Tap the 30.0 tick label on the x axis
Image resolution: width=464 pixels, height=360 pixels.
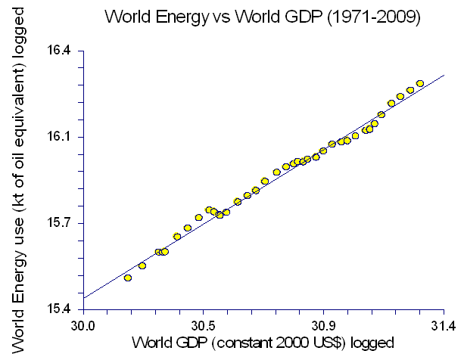83,326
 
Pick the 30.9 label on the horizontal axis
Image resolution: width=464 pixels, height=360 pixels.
323,326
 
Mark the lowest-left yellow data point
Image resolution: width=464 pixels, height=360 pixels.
128,278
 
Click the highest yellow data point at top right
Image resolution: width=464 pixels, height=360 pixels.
420,83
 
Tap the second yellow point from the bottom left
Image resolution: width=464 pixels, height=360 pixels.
142,265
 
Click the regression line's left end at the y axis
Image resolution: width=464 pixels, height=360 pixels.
84,297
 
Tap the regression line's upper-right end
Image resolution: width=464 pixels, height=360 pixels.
443,76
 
